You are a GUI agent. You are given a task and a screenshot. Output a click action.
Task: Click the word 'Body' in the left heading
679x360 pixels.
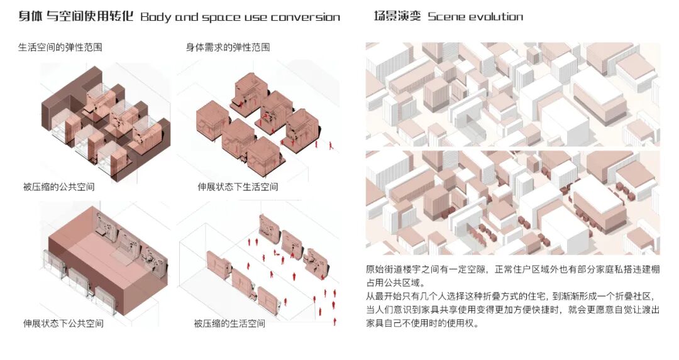click(155, 17)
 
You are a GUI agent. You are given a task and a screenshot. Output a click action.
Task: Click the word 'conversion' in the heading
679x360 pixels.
click(306, 17)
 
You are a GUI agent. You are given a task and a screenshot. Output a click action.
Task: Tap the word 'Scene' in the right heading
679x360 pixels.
click(447, 17)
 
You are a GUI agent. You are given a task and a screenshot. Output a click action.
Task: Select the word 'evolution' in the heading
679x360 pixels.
click(497, 17)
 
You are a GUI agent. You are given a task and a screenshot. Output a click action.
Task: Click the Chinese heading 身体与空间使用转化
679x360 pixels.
click(75, 17)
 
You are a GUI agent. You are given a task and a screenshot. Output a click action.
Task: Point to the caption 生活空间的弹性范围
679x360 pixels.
click(60, 47)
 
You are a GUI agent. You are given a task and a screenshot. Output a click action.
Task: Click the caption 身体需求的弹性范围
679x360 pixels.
click(228, 47)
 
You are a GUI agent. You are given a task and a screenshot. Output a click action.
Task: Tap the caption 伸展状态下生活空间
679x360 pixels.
click(238, 187)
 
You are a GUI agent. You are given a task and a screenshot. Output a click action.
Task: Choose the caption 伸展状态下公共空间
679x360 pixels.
click(63, 324)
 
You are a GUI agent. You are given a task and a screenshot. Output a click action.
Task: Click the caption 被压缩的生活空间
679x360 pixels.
click(229, 324)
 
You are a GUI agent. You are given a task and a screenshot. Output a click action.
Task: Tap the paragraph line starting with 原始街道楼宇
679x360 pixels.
click(512, 269)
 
